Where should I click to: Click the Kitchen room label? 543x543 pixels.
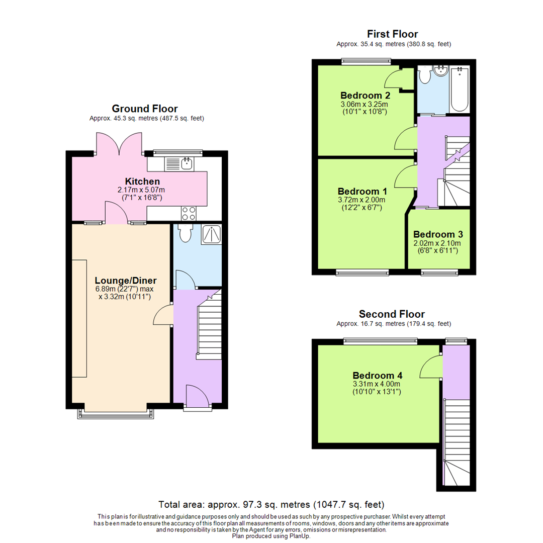coord(142,181)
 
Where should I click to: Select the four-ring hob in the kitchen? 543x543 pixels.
coord(189,214)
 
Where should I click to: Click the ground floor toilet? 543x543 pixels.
coord(185,232)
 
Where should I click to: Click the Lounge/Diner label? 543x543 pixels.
coord(126,281)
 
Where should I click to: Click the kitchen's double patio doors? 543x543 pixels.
coord(120,143)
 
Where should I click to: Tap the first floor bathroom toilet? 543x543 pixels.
coord(425,75)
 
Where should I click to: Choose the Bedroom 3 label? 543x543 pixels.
coord(437,234)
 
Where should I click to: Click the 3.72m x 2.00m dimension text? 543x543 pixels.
coord(362,200)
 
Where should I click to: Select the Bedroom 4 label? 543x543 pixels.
coord(377,375)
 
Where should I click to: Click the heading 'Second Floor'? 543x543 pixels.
coord(392,315)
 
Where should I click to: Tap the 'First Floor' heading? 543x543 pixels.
coord(392,34)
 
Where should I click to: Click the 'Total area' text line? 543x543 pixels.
coord(271,504)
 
